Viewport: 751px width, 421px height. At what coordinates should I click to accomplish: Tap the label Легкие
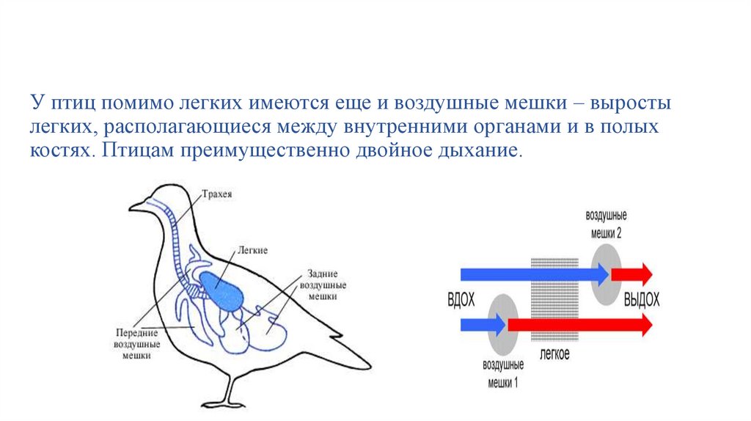pos(252,250)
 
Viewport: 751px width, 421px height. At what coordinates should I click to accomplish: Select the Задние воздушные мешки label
pos(323,284)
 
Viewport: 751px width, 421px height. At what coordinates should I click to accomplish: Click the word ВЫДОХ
pos(641,300)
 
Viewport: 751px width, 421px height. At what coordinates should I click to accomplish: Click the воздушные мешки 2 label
pos(607,224)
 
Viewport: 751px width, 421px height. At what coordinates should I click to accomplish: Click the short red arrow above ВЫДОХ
pos(631,274)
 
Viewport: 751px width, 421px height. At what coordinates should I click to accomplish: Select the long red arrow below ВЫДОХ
pos(579,323)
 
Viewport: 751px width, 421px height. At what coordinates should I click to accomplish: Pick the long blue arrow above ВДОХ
pos(532,274)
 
